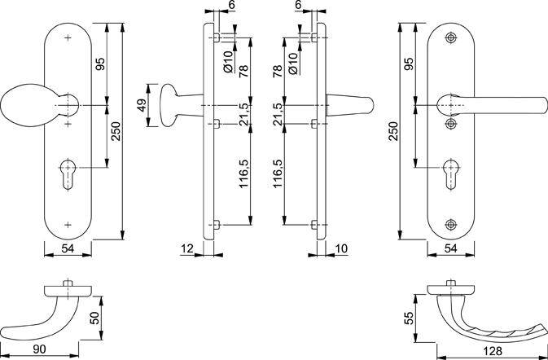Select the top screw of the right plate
pos(450,39)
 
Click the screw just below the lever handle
pos(450,124)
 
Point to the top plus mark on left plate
pos(67,39)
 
